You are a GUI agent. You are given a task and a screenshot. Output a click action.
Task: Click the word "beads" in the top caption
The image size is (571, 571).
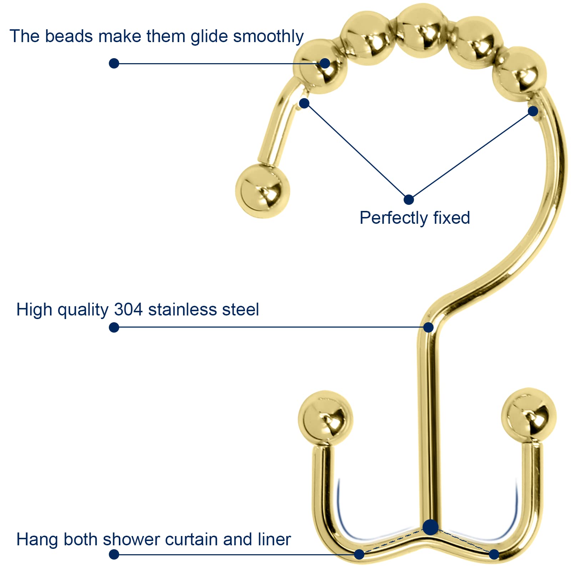[x=69, y=36]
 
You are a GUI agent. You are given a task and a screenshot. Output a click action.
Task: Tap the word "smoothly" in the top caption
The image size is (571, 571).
[x=268, y=37]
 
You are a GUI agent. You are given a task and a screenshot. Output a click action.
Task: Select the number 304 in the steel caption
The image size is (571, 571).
[x=128, y=309]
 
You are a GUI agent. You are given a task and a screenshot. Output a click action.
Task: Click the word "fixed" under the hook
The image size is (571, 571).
[x=451, y=218]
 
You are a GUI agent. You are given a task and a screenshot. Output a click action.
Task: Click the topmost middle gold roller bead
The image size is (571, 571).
[x=422, y=30]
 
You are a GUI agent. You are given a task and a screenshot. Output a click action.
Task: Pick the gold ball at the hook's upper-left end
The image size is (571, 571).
[x=262, y=191]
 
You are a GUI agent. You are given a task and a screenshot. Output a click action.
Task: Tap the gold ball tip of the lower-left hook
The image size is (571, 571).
[x=325, y=418]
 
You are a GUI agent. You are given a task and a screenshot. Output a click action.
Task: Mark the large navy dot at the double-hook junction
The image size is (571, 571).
[x=430, y=527]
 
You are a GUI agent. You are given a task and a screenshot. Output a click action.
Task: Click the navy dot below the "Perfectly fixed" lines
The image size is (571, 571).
[x=409, y=199]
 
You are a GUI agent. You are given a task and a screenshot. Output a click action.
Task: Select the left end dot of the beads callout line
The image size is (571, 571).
[x=114, y=64]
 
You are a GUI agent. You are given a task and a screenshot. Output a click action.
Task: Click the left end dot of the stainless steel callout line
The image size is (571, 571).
[x=114, y=327]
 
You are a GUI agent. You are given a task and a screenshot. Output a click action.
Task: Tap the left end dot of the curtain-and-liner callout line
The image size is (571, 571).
[x=114, y=554]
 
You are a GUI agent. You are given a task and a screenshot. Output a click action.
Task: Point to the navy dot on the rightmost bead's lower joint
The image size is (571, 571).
[x=533, y=111]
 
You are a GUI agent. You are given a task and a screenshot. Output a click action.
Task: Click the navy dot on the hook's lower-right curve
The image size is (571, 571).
[x=494, y=554]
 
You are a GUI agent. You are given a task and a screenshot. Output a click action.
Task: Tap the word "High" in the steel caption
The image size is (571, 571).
[x=34, y=309]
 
